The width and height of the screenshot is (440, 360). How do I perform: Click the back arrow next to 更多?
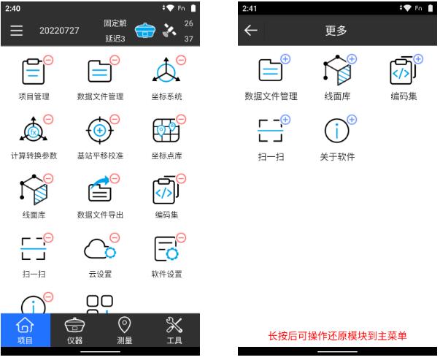(251, 31)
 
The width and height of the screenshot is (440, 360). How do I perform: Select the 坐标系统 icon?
(166, 71)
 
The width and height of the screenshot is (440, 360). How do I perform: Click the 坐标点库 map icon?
(166, 131)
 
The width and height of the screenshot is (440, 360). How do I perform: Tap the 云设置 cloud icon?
(99, 250)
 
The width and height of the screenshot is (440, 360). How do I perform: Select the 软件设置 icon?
(166, 250)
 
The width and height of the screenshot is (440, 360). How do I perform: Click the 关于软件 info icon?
(336, 131)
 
